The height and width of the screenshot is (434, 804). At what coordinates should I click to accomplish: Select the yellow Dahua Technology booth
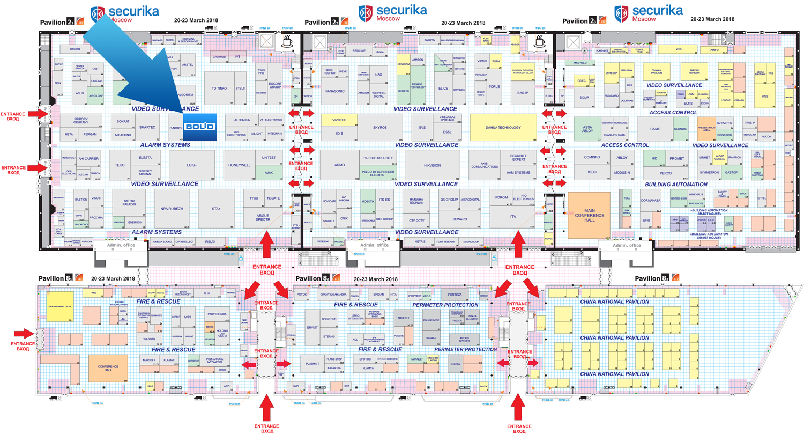click(503, 128)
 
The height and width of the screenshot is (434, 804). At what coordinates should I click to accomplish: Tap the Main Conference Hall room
click(589, 215)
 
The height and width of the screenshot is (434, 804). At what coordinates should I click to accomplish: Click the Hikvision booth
click(431, 165)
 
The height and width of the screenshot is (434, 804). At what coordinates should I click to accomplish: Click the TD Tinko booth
click(220, 89)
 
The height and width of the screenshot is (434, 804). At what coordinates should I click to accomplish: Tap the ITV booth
click(512, 216)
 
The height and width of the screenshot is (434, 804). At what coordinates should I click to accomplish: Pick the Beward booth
click(459, 219)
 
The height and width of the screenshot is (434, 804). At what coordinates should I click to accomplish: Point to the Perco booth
click(665, 173)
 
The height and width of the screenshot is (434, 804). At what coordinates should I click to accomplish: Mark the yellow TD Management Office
click(60, 306)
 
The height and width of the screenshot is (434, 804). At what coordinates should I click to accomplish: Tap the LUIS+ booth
click(191, 165)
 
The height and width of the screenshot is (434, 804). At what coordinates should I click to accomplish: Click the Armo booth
click(339, 165)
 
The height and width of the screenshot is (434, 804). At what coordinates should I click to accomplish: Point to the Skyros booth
click(379, 128)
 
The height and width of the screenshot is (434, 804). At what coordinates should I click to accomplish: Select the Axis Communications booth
click(485, 165)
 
